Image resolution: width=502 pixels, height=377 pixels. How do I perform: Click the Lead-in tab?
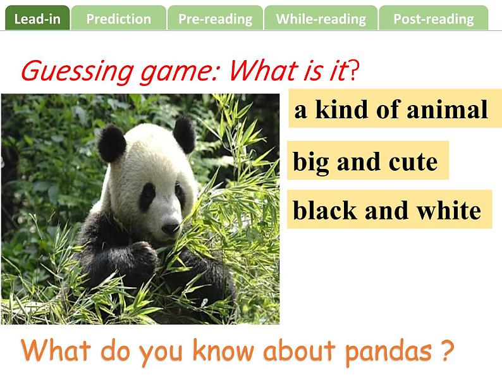tap(37, 18)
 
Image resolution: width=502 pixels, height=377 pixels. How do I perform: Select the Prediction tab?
tap(118, 18)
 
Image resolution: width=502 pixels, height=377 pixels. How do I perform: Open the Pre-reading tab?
tap(215, 18)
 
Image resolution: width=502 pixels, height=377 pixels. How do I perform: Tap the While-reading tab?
tap(321, 18)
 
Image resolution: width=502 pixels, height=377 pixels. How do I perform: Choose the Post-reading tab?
tap(434, 18)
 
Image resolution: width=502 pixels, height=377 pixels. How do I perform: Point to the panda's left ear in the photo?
tap(111, 143)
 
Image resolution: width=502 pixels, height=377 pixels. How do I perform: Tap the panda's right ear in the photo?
tap(185, 135)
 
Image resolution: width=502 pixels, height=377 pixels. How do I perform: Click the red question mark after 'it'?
tap(353, 70)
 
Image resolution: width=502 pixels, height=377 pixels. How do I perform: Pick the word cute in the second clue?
tap(413, 162)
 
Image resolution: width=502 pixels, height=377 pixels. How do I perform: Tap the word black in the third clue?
tap(325, 211)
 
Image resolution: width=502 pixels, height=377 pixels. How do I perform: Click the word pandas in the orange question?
tap(388, 351)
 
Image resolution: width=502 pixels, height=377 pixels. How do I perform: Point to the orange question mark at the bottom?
tap(447, 350)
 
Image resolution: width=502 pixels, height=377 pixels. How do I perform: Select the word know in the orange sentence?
tap(223, 350)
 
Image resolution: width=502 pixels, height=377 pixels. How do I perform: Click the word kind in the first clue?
tap(341, 109)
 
